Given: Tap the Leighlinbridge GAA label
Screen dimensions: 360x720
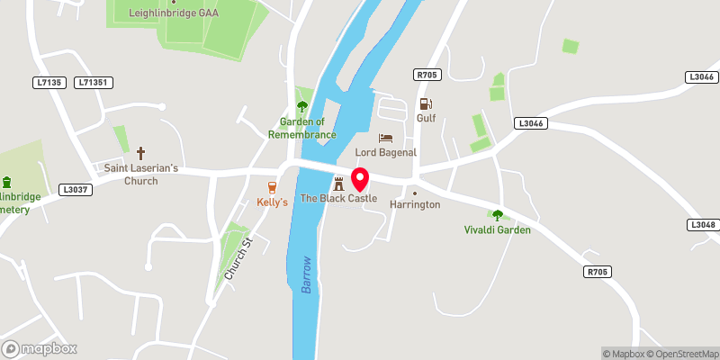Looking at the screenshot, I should [175, 13].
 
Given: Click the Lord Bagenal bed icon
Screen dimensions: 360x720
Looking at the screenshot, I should [385, 139].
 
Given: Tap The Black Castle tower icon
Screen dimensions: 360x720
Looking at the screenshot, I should [338, 184].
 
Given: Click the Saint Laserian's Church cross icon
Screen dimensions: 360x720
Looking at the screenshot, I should [140, 153].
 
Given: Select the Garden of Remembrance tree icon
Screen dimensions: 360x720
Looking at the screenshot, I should [301, 106].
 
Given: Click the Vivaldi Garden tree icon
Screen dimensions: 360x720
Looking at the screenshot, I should [497, 214].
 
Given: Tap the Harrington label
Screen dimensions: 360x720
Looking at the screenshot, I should [414, 204].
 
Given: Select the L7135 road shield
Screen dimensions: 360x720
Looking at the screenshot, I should [49, 82].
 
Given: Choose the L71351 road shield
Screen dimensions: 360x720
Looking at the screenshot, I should [93, 82].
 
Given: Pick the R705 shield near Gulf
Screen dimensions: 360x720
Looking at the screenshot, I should [426, 74].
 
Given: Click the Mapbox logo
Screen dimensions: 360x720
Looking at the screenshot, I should [40, 348].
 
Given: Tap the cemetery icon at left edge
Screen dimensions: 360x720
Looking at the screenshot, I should [6, 183].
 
